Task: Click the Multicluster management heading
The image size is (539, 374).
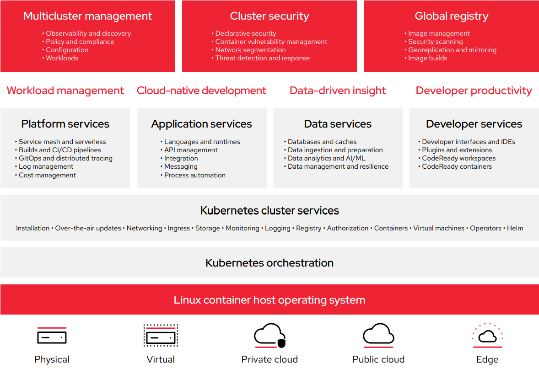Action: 87,16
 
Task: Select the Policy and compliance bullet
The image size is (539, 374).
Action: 80,42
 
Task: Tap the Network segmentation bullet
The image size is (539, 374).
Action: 250,50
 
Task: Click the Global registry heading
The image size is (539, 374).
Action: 451,16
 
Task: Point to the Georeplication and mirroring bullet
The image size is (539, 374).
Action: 452,50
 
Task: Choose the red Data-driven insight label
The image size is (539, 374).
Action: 338,91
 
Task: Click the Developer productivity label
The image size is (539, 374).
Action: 474,91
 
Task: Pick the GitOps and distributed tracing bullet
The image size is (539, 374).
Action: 65,158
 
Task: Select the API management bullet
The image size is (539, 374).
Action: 191,150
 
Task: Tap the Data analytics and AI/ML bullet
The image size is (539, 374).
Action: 326,158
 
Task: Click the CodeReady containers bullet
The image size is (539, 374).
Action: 457,166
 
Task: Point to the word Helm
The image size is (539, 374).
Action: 515,228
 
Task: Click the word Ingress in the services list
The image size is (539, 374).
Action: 178,228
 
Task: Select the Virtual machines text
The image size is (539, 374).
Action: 439,228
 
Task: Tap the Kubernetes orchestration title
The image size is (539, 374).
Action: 269,263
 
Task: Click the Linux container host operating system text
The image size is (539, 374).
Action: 269,300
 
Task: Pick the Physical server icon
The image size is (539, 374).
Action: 52,337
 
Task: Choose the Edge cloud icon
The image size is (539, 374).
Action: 487,336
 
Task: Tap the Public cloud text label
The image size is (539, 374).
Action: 378,359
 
